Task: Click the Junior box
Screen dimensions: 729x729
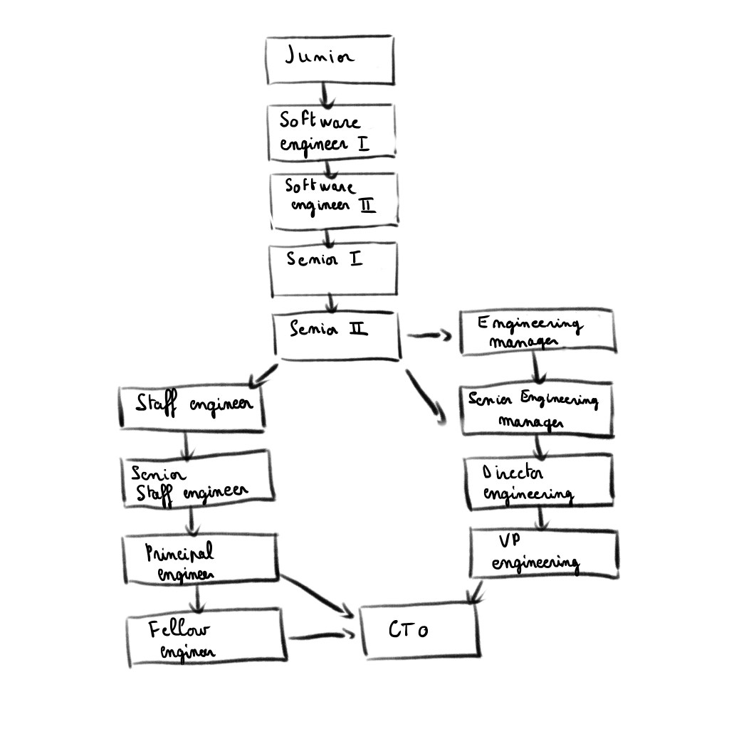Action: [329, 60]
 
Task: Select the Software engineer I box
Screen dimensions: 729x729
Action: [331, 130]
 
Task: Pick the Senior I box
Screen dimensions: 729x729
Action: [332, 269]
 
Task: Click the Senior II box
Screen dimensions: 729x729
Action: [337, 335]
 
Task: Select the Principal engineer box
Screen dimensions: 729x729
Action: [201, 557]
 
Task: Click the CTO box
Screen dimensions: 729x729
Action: [419, 630]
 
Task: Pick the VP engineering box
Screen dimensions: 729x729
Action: [543, 553]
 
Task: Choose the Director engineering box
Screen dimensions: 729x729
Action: [539, 482]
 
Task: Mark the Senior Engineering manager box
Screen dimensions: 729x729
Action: [536, 411]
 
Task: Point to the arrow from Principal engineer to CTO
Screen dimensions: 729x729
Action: [317, 593]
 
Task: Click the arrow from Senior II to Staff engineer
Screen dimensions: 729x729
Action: [261, 375]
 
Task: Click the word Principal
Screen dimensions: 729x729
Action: [179, 552]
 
